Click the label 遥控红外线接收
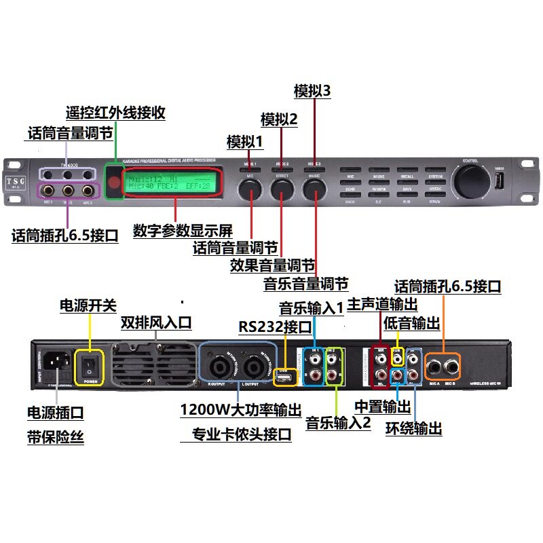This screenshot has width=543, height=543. coord(115,112)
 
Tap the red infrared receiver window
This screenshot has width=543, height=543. coord(114,181)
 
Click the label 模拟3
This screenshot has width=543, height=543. coord(312,91)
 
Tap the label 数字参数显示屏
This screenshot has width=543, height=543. coord(183,230)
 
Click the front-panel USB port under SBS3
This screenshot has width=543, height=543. coord(500,182)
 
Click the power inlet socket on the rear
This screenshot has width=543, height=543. coord(56,367)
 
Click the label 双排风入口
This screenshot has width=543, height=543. coord(156,321)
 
